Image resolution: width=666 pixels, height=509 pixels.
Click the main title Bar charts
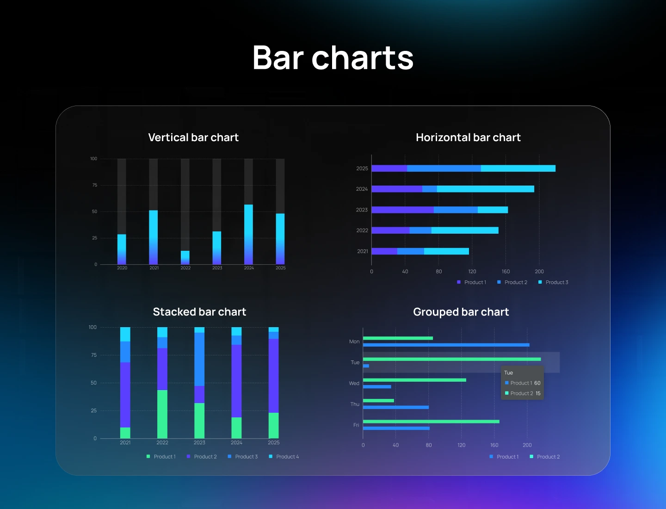(333, 58)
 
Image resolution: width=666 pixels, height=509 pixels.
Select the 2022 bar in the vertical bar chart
(185, 257)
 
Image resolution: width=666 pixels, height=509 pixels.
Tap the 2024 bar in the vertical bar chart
(248, 234)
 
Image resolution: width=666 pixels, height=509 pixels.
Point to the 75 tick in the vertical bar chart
(95, 185)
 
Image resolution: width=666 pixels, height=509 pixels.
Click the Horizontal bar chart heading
(468, 137)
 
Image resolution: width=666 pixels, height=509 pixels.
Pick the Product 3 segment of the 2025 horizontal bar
(518, 168)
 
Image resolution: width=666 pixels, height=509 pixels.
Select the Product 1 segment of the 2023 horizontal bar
(402, 210)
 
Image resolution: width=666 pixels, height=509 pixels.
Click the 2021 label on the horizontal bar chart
(363, 251)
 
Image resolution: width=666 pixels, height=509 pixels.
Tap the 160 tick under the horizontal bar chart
(506, 272)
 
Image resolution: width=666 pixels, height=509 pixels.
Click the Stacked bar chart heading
(199, 312)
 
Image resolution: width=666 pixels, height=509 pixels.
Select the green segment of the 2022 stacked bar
(162, 414)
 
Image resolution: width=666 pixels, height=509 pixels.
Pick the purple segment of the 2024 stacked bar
(236, 381)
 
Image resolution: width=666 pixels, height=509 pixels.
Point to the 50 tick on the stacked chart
(94, 383)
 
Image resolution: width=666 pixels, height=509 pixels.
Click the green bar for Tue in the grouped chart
(452, 359)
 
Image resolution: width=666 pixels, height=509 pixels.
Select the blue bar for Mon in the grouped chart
(446, 345)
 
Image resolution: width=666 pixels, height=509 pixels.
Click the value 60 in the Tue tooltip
(537, 383)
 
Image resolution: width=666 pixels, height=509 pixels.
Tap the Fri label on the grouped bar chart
(356, 425)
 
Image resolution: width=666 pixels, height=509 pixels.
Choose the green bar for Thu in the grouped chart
(378, 401)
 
